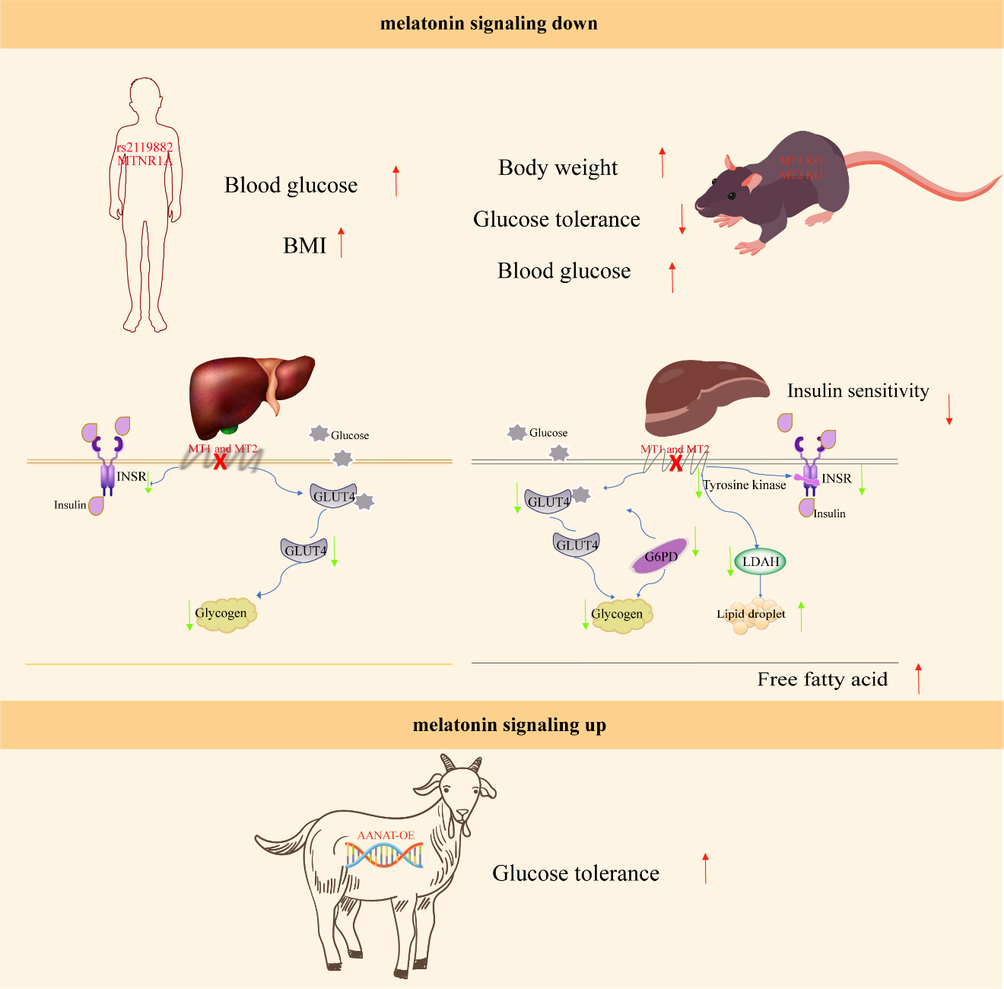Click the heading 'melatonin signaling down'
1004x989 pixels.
tap(488, 24)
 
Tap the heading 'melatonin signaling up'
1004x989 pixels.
tap(509, 725)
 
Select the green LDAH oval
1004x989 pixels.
tap(761, 561)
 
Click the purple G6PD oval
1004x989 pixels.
tap(661, 556)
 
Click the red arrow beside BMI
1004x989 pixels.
tap(342, 242)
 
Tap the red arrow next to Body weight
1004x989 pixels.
tap(662, 163)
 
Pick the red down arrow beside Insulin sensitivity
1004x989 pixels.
tap(949, 409)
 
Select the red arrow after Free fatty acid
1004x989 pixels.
tap(919, 679)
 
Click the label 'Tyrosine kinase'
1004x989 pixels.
tap(745, 485)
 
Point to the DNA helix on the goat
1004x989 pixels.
tap(383, 855)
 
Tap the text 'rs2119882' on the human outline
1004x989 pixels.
tap(145, 148)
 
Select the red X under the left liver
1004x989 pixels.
tap(220, 461)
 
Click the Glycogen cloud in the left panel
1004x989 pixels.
tap(222, 614)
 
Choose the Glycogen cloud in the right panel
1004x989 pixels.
tap(618, 615)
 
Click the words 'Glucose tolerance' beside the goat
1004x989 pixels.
tap(576, 873)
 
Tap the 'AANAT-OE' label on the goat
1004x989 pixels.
tap(386, 835)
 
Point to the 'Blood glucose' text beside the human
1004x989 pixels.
tap(291, 186)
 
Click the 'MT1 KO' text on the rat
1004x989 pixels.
tap(801, 161)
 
